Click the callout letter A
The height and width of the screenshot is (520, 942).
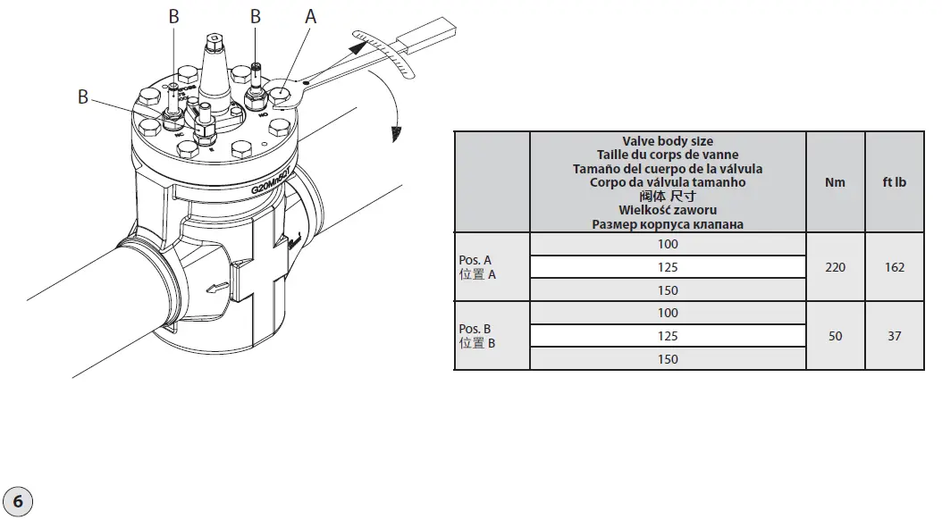pyautogui.click(x=310, y=16)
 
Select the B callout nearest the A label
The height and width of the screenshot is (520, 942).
pyautogui.click(x=256, y=16)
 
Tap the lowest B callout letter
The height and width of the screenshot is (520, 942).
pyautogui.click(x=83, y=96)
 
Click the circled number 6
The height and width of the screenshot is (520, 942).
pyautogui.click(x=19, y=501)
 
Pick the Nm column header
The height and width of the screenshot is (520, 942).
pyautogui.click(x=835, y=182)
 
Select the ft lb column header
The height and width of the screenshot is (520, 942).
pyautogui.click(x=895, y=182)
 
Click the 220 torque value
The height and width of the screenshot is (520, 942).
pyautogui.click(x=835, y=267)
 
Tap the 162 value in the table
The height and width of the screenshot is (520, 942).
pyautogui.click(x=895, y=267)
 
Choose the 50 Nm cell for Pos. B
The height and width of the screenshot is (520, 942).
pyautogui.click(x=835, y=336)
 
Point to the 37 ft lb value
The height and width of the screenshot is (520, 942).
pyautogui.click(x=895, y=336)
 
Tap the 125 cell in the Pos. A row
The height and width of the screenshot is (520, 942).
pyautogui.click(x=667, y=267)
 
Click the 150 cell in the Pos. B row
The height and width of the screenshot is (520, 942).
pyautogui.click(x=667, y=359)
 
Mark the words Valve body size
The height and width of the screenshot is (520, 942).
pyautogui.click(x=668, y=141)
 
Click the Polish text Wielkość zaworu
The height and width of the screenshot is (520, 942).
pyautogui.click(x=668, y=210)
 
